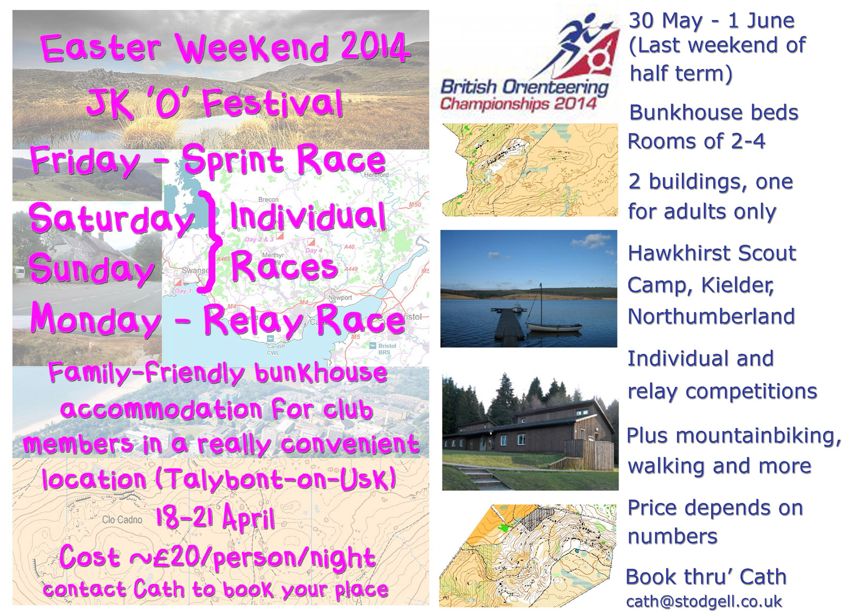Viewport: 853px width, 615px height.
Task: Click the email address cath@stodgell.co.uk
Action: click(704, 602)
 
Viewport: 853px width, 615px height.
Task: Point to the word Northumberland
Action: click(711, 316)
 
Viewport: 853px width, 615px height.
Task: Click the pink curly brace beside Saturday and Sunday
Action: click(210, 242)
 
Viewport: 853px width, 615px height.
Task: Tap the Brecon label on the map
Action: click(268, 199)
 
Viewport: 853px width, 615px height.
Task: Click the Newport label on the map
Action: click(340, 297)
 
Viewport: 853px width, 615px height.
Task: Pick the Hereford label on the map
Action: click(376, 174)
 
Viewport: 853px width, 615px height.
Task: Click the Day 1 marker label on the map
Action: click(181, 291)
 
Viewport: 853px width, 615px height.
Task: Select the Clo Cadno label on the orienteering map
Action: click(122, 520)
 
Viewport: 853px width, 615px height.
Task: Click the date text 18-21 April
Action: click(215, 517)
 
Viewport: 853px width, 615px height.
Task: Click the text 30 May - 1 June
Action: click(711, 21)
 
